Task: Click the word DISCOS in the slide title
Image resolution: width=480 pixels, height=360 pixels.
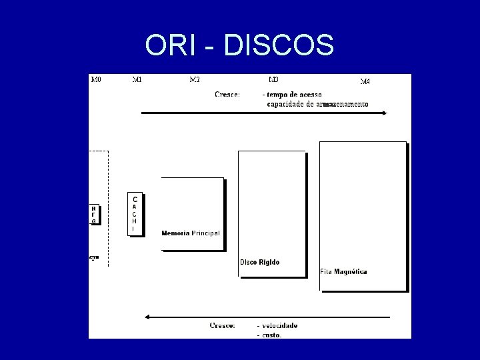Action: (x=279, y=45)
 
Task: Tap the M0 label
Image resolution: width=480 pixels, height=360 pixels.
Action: (x=96, y=80)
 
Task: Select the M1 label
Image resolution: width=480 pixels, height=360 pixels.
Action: (x=137, y=80)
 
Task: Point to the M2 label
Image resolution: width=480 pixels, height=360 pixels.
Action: (x=195, y=80)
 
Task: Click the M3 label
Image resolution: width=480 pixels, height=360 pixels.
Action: (x=273, y=80)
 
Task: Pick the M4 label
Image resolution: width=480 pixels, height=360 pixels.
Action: (x=365, y=81)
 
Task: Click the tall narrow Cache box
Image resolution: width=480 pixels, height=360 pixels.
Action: (x=135, y=213)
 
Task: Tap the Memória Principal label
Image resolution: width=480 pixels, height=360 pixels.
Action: (x=191, y=233)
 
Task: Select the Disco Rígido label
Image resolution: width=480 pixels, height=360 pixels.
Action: (x=260, y=262)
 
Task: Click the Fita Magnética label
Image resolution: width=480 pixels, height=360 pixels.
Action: (x=343, y=271)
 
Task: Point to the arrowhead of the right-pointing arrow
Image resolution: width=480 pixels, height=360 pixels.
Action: (x=384, y=113)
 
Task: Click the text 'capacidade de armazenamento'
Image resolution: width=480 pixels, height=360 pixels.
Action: (x=317, y=104)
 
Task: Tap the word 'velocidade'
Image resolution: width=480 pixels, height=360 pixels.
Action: (x=280, y=325)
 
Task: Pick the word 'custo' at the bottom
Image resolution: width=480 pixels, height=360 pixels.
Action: (x=271, y=335)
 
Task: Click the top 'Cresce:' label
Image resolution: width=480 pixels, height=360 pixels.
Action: (x=228, y=95)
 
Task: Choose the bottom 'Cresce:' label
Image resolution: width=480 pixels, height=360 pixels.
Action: (x=222, y=325)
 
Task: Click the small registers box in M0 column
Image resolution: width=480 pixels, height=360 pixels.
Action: (x=94, y=214)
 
